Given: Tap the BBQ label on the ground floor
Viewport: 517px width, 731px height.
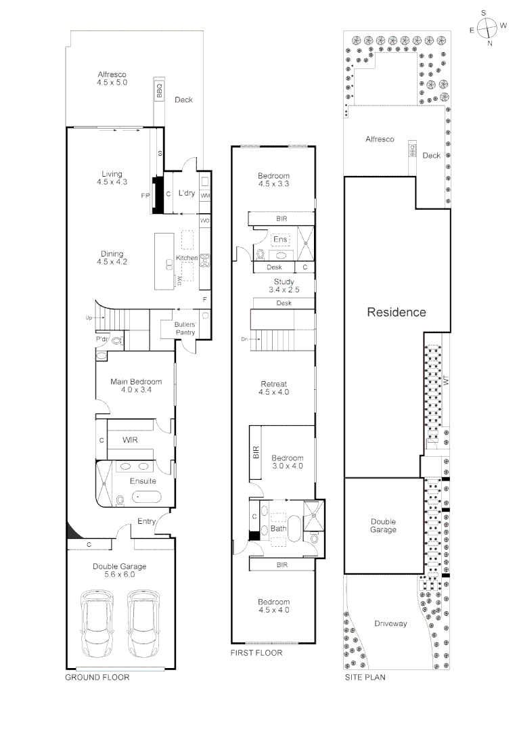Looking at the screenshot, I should tap(160, 91).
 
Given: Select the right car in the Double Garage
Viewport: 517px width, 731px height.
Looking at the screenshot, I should tap(143, 623).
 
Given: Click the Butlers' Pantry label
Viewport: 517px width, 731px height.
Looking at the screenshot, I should tap(185, 328).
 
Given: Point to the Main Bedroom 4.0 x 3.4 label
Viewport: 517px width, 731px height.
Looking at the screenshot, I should tap(136, 386).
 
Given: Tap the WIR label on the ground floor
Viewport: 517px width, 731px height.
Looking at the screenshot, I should tap(131, 440).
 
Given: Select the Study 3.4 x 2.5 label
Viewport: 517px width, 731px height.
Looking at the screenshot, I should tap(284, 285).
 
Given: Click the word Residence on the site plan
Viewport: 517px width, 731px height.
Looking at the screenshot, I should tap(397, 312).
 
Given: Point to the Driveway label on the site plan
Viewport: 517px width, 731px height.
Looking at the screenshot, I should tap(391, 623).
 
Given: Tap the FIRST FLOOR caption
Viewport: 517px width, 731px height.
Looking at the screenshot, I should tap(256, 653).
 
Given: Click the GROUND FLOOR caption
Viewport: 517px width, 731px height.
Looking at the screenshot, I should tap(97, 677).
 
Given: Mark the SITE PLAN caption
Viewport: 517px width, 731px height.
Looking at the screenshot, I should tap(365, 677).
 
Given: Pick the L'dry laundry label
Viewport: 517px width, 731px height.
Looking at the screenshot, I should tap(187, 194).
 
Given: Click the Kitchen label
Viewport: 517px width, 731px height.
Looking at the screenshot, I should tap(187, 259).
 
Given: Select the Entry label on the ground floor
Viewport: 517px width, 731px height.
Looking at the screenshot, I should tap(147, 521).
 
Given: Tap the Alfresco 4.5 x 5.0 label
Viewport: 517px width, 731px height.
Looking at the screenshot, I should tap(112, 78).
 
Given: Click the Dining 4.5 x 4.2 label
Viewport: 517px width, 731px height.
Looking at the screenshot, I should tap(112, 258).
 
